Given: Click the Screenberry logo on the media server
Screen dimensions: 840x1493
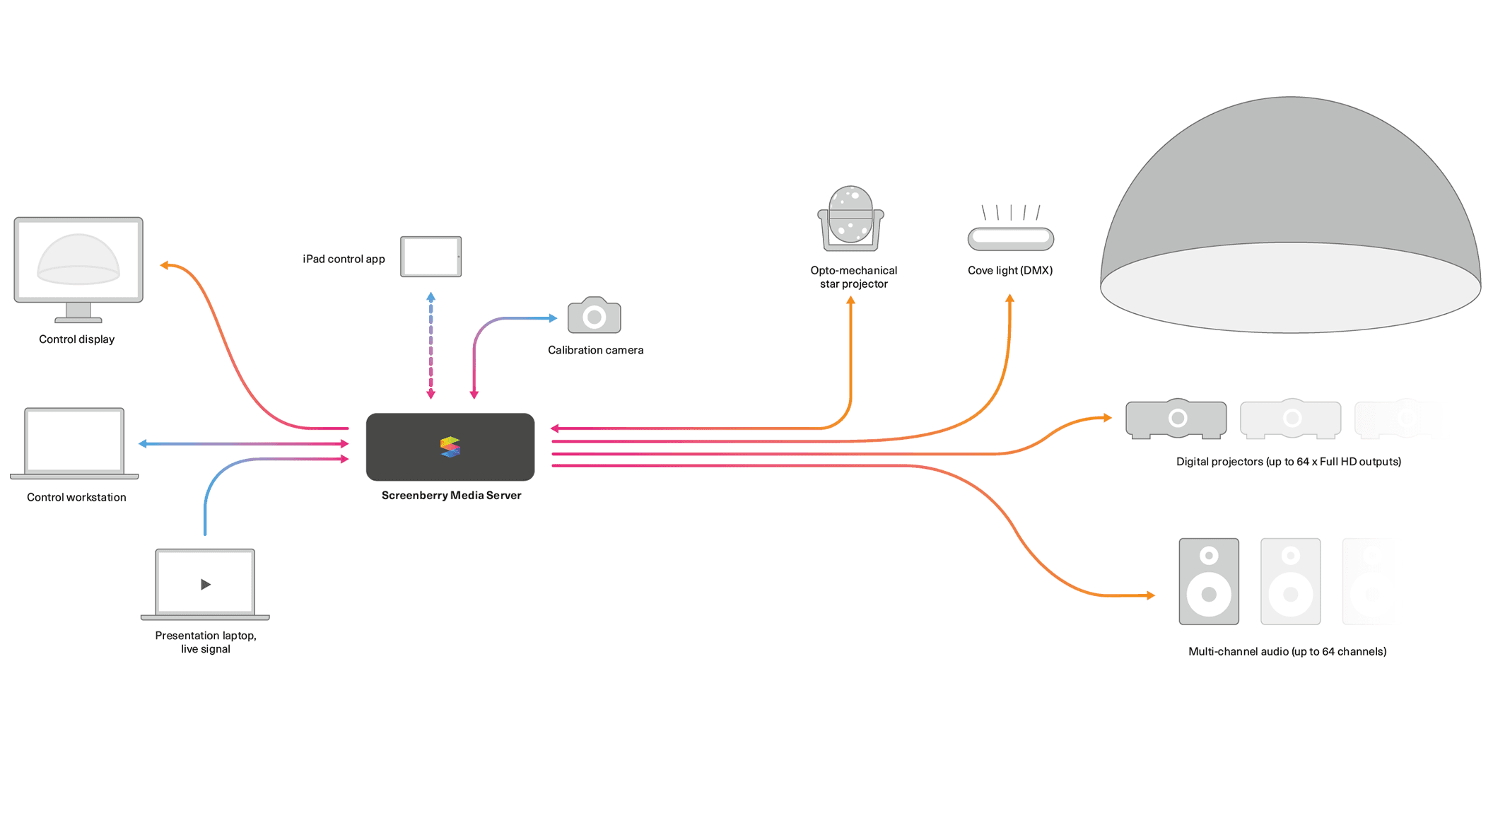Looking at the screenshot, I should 450,447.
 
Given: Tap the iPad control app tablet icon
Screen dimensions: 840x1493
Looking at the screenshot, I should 431,257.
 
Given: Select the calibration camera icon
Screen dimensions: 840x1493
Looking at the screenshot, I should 595,316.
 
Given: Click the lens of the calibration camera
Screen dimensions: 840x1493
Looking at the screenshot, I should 595,317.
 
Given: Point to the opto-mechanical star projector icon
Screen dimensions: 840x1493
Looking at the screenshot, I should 850,218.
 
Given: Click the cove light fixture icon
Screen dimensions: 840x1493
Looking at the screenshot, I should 1010,238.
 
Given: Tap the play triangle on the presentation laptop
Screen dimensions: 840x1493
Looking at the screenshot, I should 206,584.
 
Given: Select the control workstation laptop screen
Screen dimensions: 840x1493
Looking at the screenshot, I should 74,441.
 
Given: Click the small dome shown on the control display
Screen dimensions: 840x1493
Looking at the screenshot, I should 78,258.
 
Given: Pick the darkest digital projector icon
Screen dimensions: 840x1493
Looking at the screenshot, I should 1176,419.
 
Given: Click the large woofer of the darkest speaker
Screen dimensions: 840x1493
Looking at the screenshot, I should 1209,594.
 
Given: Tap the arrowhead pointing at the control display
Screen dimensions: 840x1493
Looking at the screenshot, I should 164,265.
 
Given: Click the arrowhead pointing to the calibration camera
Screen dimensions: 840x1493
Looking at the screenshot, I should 554,318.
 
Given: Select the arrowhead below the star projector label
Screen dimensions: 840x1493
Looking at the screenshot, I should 850,301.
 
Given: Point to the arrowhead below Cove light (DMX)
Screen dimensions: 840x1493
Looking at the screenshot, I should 1010,299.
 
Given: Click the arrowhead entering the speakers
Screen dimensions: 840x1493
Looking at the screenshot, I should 1151,595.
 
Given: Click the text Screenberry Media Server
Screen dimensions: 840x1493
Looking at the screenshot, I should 451,495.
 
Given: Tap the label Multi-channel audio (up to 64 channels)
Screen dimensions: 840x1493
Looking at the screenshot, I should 1287,651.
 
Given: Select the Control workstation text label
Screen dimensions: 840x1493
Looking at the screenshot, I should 76,497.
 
